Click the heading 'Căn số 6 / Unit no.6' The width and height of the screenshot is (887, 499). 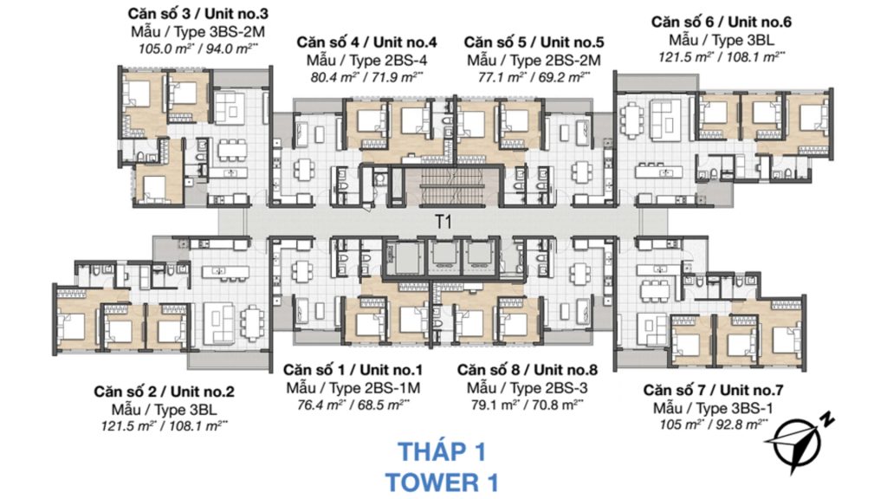722,22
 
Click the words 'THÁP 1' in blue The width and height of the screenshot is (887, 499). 443,451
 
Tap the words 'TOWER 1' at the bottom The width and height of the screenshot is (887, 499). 443,480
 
